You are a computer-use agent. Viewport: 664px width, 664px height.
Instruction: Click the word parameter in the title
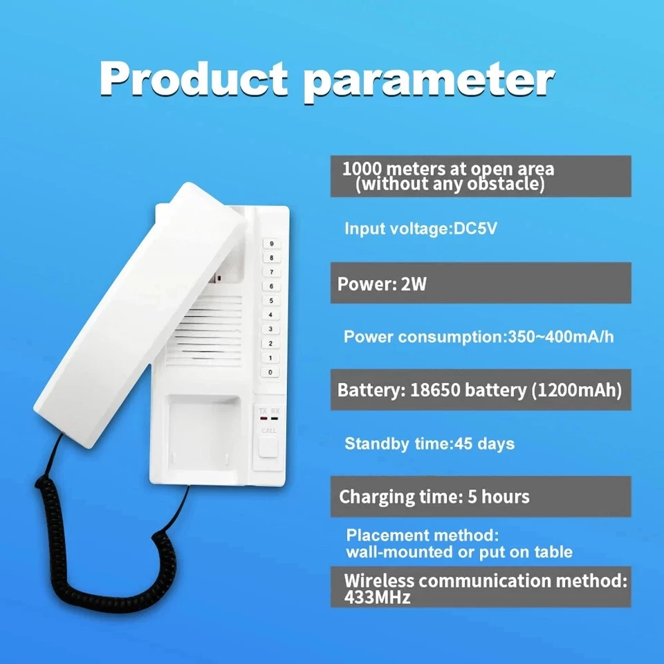click(x=429, y=80)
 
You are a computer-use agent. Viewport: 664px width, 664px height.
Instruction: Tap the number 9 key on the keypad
click(x=270, y=243)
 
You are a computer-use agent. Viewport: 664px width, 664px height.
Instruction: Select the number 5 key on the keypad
click(x=270, y=300)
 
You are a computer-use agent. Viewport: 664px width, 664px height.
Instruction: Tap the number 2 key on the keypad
click(x=270, y=343)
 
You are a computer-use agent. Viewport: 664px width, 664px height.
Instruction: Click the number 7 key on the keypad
click(x=270, y=272)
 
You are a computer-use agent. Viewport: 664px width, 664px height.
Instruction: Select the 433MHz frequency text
click(x=378, y=597)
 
